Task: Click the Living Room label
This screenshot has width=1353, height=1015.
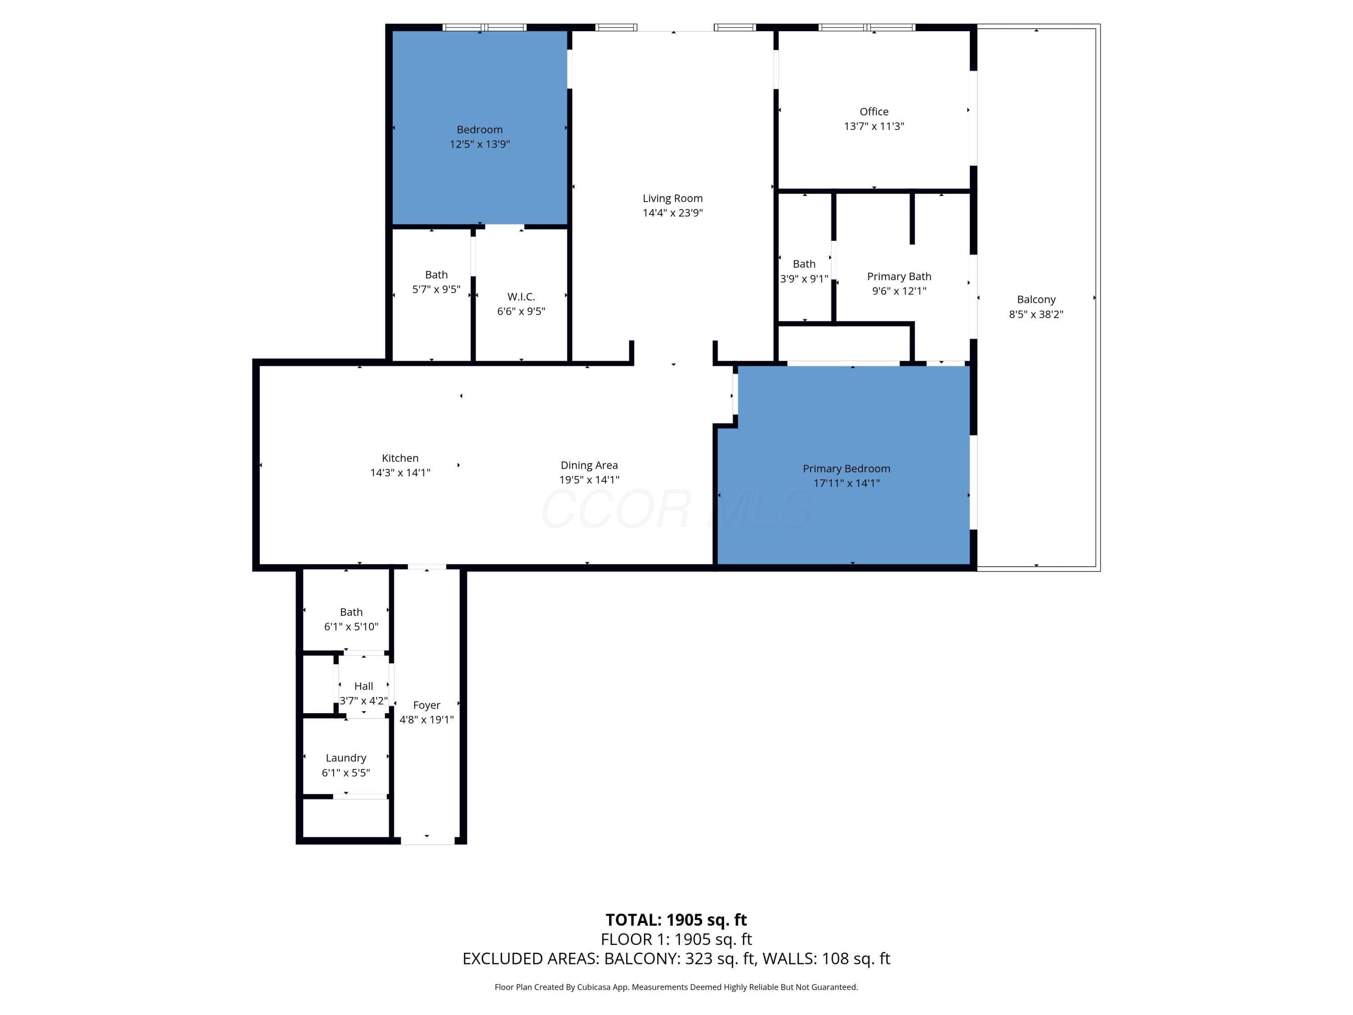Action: (672, 198)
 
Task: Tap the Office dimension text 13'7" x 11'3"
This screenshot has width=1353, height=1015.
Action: (874, 126)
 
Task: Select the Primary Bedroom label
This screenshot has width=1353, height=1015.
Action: (846, 469)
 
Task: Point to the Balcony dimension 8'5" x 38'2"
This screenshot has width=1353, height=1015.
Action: (1035, 314)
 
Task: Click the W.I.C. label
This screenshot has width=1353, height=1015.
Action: (520, 297)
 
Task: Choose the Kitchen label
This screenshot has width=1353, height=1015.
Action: (400, 458)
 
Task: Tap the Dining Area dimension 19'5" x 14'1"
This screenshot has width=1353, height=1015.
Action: (589, 480)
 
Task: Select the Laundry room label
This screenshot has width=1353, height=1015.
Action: (345, 758)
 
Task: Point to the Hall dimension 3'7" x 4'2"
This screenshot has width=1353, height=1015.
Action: (364, 701)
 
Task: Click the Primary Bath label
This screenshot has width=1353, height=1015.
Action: (898, 277)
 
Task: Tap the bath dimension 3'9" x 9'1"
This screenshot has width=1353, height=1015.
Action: (804, 278)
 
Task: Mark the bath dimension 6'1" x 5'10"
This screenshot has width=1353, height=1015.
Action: (351, 627)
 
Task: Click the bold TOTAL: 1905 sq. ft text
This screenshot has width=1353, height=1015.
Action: (676, 919)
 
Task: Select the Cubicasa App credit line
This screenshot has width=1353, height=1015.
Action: (676, 987)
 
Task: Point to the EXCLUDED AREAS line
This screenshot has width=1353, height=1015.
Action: (676, 958)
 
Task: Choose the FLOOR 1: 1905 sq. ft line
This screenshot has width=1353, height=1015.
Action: (676, 939)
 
